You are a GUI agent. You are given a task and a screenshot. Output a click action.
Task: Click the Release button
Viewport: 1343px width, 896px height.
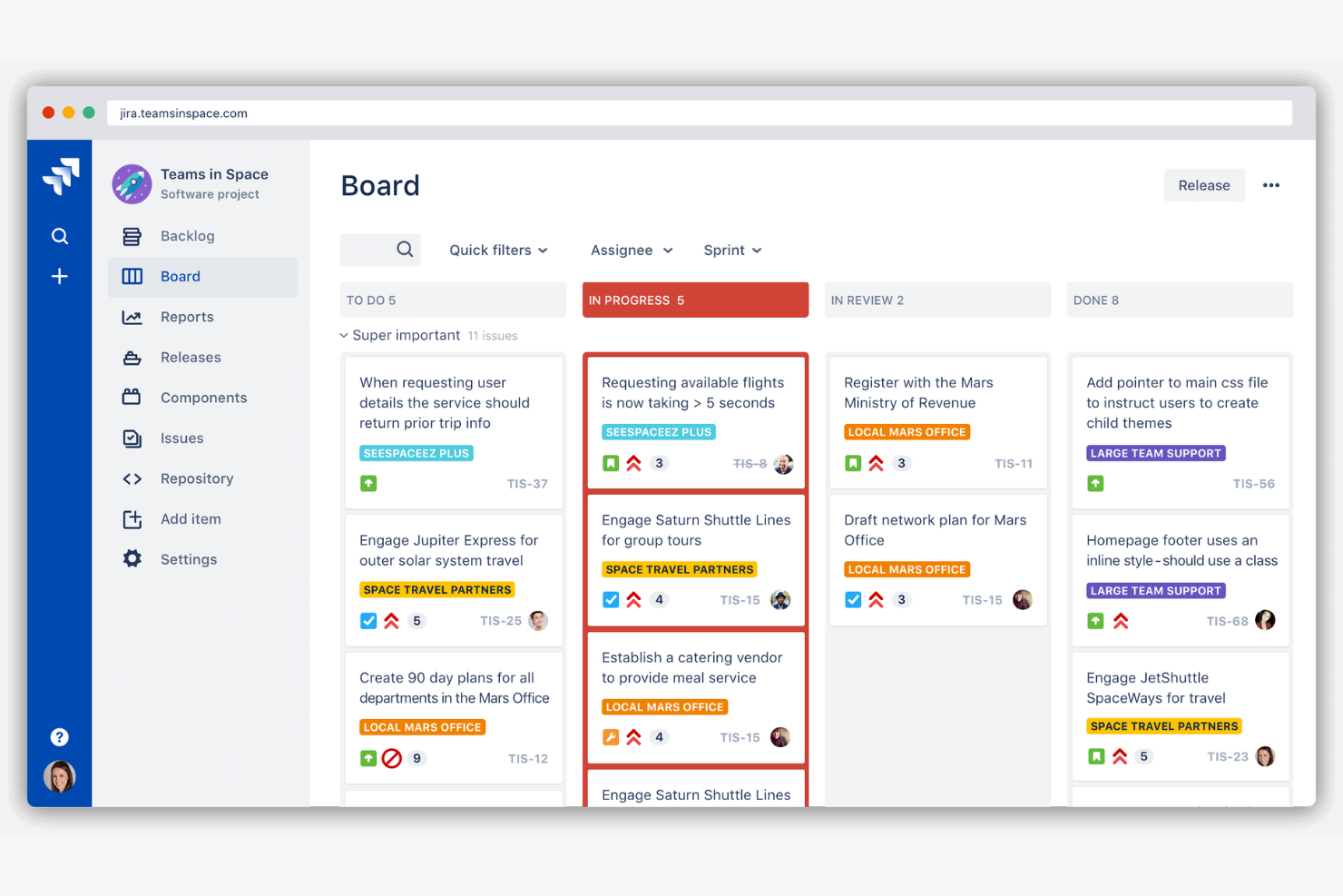click(x=1203, y=185)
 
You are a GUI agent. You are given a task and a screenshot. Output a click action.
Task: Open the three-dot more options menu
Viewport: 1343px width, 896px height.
click(x=1270, y=185)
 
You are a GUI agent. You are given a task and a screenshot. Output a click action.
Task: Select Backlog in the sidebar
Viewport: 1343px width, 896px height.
click(x=187, y=236)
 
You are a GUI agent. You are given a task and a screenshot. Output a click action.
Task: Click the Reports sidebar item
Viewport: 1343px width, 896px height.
click(x=187, y=317)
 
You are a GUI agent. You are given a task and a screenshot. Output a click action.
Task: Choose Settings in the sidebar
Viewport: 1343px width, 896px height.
click(x=188, y=559)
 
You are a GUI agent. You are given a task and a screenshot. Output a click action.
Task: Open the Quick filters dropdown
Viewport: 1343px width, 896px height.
click(x=498, y=251)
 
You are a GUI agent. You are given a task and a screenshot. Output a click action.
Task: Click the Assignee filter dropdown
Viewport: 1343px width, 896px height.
click(x=632, y=251)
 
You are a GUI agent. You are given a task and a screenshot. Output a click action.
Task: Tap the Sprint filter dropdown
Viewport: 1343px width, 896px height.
click(x=732, y=251)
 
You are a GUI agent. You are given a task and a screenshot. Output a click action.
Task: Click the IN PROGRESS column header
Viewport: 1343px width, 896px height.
click(x=695, y=300)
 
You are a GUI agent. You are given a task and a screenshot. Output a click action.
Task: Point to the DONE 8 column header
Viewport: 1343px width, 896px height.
click(x=1180, y=300)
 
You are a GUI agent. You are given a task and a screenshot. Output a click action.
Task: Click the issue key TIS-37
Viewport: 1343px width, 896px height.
click(x=527, y=484)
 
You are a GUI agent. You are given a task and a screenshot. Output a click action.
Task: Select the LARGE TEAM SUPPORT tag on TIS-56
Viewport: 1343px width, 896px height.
click(x=1155, y=453)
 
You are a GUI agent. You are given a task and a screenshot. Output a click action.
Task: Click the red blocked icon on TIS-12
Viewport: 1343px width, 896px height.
click(x=392, y=758)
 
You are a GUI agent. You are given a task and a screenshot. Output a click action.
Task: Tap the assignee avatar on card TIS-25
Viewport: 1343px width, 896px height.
click(x=538, y=621)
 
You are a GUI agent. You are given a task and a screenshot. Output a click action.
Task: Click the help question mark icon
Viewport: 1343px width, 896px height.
click(x=59, y=737)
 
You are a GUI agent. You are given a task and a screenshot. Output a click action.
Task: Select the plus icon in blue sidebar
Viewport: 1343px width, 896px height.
click(x=59, y=276)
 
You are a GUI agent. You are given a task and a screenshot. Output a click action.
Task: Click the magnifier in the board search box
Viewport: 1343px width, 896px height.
click(x=405, y=250)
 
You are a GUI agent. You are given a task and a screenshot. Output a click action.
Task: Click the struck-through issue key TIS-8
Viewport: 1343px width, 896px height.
click(x=750, y=464)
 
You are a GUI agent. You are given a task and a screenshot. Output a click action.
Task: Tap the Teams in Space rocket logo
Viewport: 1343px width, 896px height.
click(x=132, y=184)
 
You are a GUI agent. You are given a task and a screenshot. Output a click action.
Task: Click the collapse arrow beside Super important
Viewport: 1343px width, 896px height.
click(x=344, y=336)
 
